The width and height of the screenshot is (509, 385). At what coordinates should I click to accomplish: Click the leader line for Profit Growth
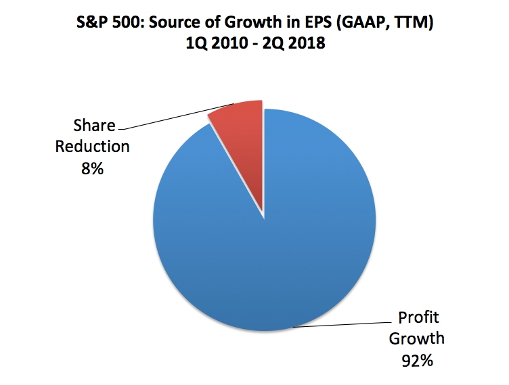tap(338, 324)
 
